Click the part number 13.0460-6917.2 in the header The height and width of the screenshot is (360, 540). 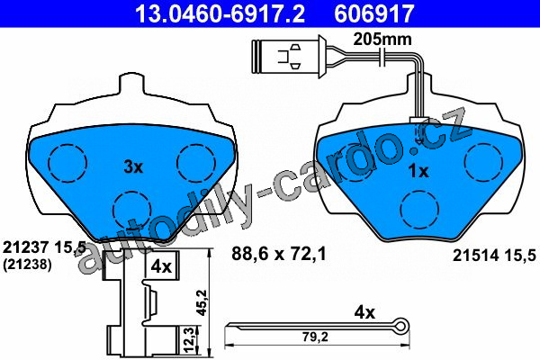click(x=220, y=13)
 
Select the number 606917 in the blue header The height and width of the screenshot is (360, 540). click(x=374, y=13)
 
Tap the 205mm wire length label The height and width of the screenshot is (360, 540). click(x=382, y=39)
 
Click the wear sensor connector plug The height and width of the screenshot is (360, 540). click(x=289, y=56)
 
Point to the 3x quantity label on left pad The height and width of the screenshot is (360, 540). click(x=133, y=167)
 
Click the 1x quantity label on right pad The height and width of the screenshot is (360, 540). click(x=418, y=170)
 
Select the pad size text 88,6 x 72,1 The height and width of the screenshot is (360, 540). click(x=278, y=254)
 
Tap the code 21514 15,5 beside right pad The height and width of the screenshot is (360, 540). click(x=494, y=256)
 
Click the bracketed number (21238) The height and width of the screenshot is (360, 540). click(x=27, y=265)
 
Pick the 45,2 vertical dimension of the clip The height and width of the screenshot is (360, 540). click(x=202, y=302)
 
